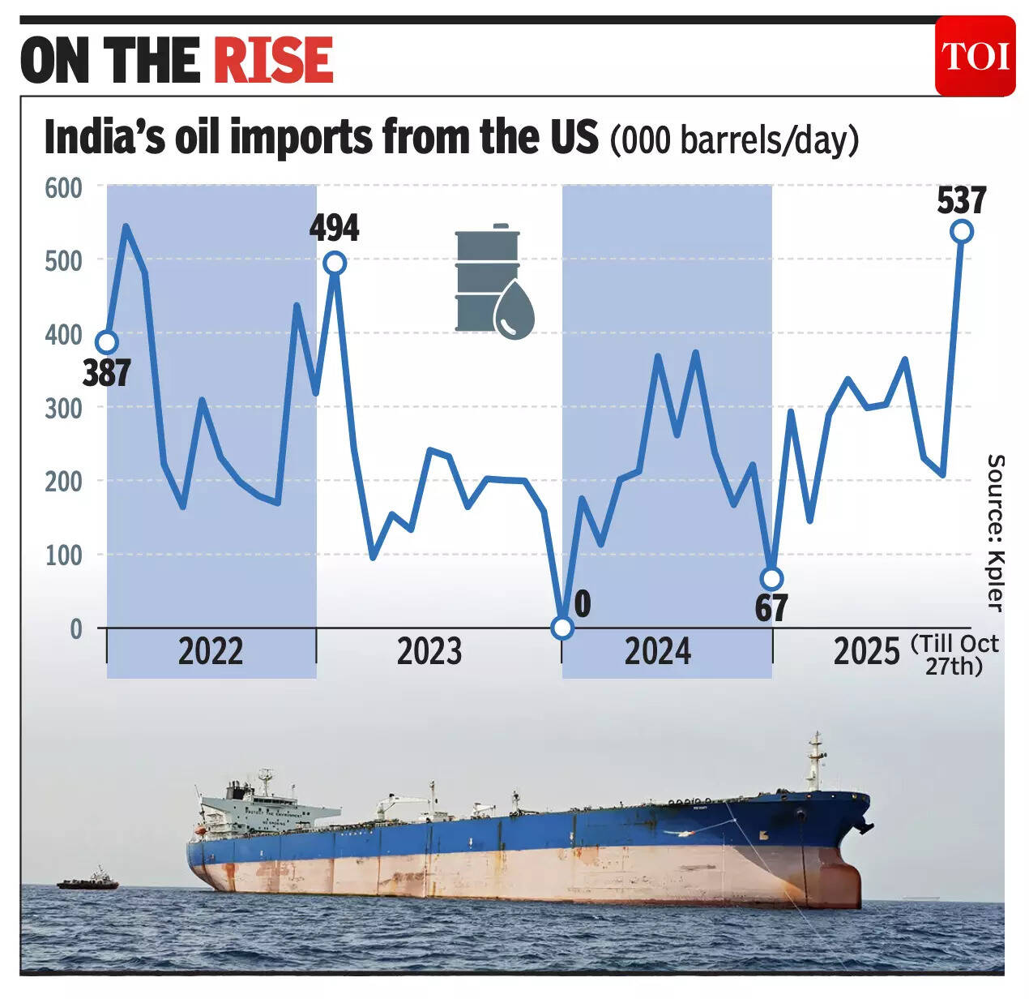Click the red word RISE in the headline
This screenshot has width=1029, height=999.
coord(274,60)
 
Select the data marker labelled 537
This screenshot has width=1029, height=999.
coord(962,231)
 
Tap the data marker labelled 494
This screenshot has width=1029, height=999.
coord(335,263)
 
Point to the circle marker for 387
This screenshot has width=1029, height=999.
coord(106,342)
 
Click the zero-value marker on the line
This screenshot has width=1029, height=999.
coord(562,628)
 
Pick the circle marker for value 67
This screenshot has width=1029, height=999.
coord(771,578)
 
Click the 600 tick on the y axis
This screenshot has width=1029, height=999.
coord(63,187)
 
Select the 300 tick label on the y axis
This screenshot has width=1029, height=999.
coord(63,408)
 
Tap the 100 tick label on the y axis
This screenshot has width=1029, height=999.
coord(63,555)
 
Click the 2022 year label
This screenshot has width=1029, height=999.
coord(211,652)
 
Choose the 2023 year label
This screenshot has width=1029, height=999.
coord(429,652)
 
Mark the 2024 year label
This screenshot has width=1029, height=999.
coord(658,652)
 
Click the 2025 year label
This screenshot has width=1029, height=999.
coord(866,652)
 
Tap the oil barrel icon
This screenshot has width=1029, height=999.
coord(493,281)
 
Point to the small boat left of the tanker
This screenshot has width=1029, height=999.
coord(88,881)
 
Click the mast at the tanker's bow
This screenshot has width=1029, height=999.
coord(816,758)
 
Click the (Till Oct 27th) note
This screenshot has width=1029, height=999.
coord(954,654)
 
